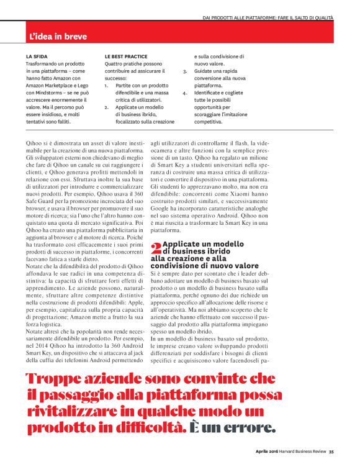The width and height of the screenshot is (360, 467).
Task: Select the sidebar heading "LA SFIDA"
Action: coord(37,57)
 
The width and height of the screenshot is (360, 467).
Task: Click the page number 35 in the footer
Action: coord(331,451)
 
